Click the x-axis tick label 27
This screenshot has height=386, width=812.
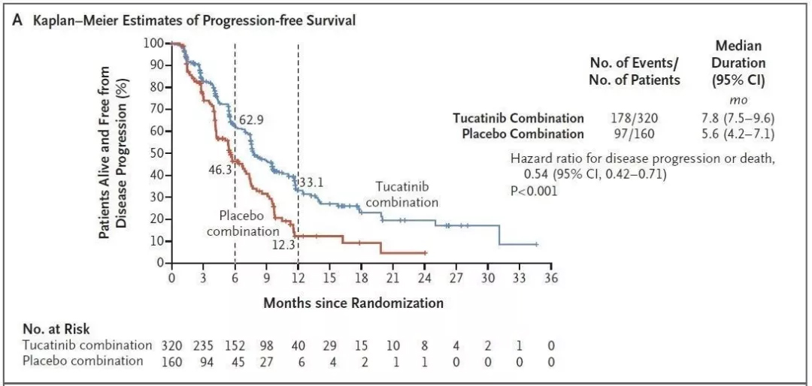[456, 278]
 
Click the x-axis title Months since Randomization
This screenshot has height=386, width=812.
[353, 303]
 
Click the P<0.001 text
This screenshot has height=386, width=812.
[534, 191]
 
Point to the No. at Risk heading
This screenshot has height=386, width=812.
[56, 330]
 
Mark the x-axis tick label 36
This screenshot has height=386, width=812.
[551, 278]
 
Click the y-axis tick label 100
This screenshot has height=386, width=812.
[153, 43]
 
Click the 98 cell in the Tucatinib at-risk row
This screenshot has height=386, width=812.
[268, 345]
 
